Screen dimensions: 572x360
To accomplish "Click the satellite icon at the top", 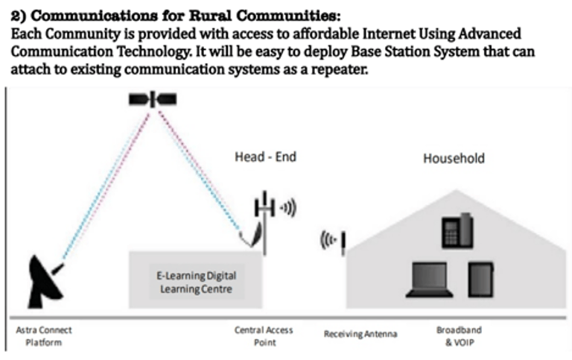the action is [153, 98].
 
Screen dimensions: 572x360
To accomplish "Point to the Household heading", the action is [454, 158].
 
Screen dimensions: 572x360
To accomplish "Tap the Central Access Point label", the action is [263, 335].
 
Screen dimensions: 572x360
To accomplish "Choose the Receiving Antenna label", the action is [360, 334].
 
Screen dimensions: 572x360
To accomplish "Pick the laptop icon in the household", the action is [429, 281].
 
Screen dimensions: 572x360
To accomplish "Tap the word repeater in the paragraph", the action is [337, 72].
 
